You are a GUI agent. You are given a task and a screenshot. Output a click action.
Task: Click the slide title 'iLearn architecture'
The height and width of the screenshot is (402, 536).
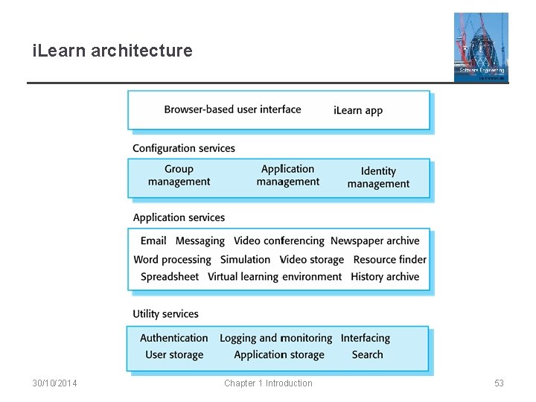point(112,51)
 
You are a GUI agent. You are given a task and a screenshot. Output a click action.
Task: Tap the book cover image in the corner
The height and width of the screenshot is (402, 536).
point(481,47)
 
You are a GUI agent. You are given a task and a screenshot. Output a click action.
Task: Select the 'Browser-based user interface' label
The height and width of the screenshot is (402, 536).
point(232,109)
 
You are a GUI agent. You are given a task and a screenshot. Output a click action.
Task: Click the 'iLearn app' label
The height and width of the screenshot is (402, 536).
point(358,110)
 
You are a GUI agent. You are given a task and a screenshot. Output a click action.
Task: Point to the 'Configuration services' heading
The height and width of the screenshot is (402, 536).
point(184,148)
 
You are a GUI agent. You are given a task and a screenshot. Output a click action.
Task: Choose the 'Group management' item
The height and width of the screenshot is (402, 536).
point(179,176)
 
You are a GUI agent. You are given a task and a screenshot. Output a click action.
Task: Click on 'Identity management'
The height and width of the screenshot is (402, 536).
point(378,177)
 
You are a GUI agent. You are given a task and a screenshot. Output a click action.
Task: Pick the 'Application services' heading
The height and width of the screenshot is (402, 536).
point(179,217)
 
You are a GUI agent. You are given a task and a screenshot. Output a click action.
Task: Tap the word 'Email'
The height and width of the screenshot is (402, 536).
point(153,240)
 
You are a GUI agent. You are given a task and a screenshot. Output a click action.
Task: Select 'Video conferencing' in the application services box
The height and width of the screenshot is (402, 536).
point(279,240)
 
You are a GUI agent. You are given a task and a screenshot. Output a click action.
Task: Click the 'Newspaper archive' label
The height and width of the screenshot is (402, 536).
point(375,240)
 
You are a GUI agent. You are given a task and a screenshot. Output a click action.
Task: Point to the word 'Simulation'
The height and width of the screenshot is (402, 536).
point(245,260)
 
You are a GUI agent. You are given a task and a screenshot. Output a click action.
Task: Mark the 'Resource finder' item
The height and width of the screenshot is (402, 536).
point(389,260)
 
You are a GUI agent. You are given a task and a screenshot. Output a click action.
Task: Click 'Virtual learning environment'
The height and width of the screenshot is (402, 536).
point(275,277)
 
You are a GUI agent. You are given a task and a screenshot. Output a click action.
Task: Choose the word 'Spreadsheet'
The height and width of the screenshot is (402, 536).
point(170,277)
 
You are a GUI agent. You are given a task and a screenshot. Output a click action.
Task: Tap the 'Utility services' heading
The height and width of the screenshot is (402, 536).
point(165,314)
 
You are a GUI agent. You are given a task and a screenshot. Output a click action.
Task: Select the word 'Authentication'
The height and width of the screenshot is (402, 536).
point(174,338)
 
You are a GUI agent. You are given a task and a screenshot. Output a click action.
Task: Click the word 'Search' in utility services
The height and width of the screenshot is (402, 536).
point(367,354)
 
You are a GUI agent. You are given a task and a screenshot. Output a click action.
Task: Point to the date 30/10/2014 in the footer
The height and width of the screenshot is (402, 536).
point(55,383)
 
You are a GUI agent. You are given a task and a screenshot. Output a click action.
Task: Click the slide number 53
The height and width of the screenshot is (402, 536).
point(499,383)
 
